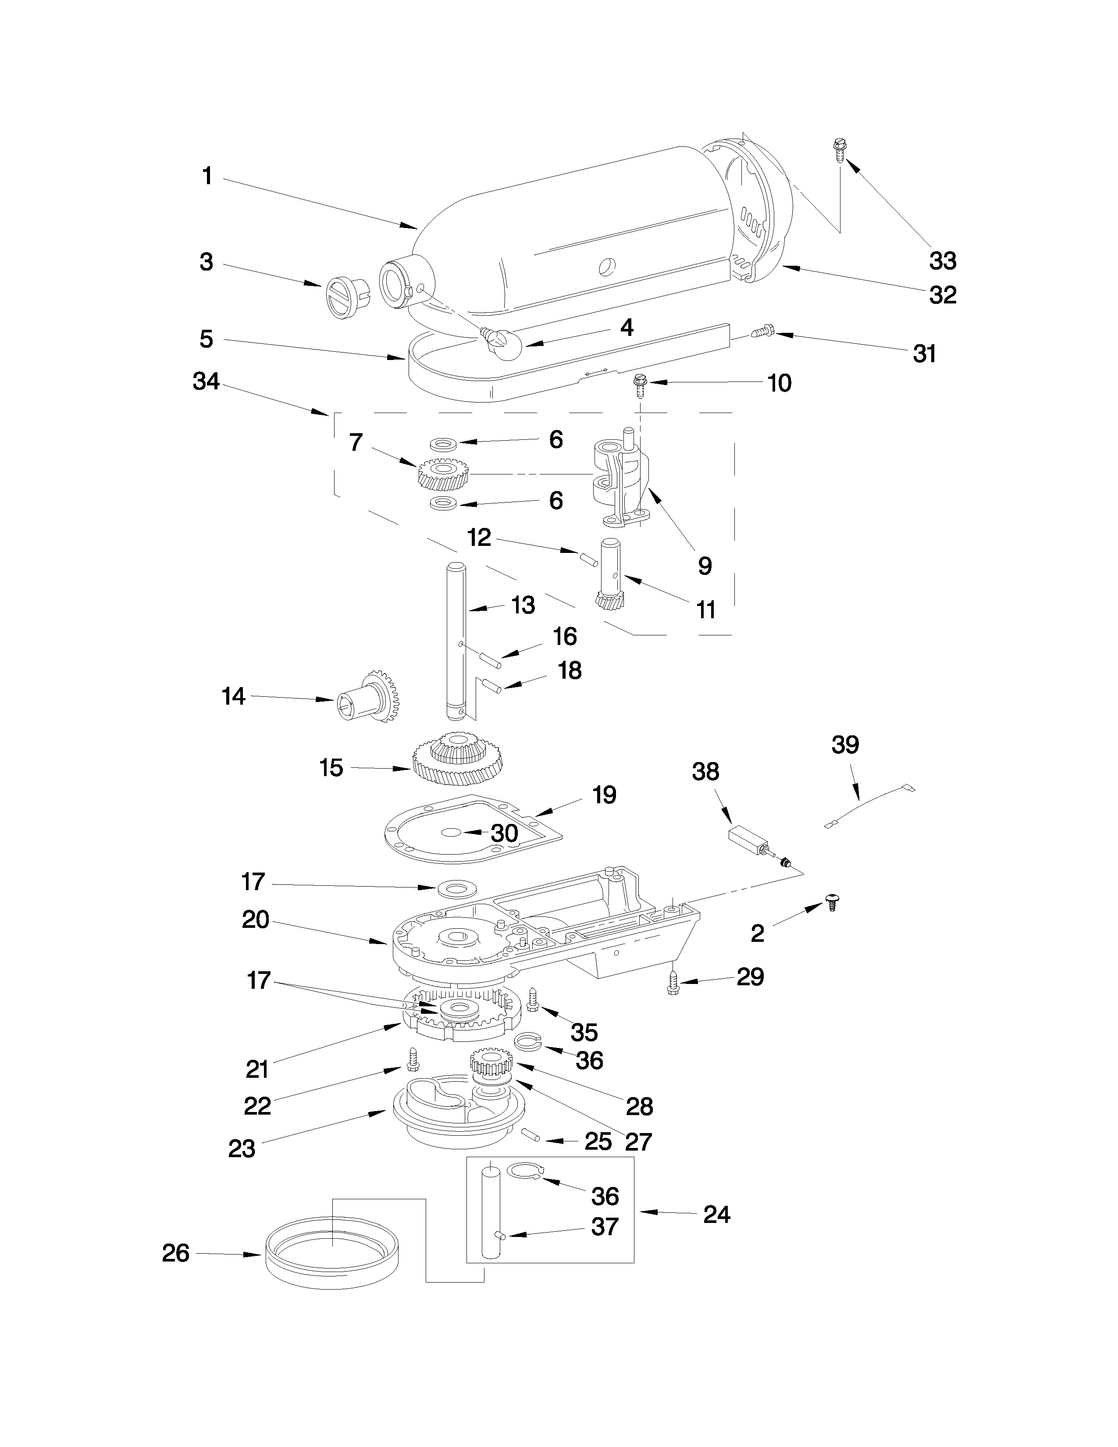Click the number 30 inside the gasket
click(x=504, y=833)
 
